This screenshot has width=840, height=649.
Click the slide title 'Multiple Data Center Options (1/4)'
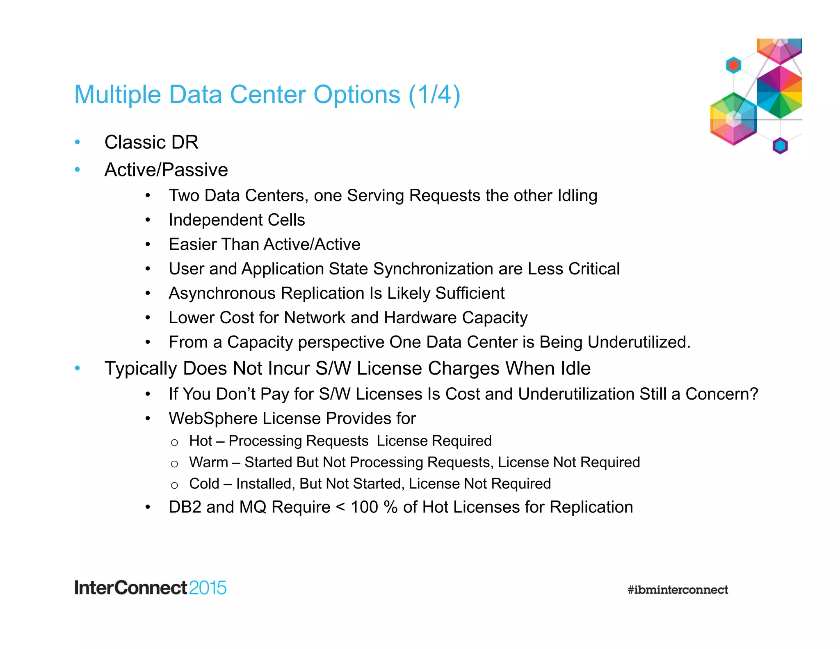click(267, 95)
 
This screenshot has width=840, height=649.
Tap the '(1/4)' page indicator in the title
click(434, 95)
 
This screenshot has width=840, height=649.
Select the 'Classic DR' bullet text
click(151, 143)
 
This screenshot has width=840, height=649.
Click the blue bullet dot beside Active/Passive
click(77, 169)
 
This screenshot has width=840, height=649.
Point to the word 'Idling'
click(577, 196)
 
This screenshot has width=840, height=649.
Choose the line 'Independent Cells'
click(237, 220)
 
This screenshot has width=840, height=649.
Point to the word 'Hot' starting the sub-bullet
click(201, 441)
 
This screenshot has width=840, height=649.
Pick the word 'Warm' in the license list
click(208, 462)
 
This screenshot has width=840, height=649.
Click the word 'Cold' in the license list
click(204, 484)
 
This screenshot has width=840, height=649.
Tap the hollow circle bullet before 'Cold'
click(174, 485)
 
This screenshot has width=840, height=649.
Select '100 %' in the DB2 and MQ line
click(374, 507)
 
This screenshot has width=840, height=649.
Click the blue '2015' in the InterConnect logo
click(208, 588)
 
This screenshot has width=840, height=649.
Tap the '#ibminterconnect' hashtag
click(678, 590)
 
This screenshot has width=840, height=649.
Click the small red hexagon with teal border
click(733, 65)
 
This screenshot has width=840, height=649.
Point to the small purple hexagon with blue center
click(780, 146)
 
